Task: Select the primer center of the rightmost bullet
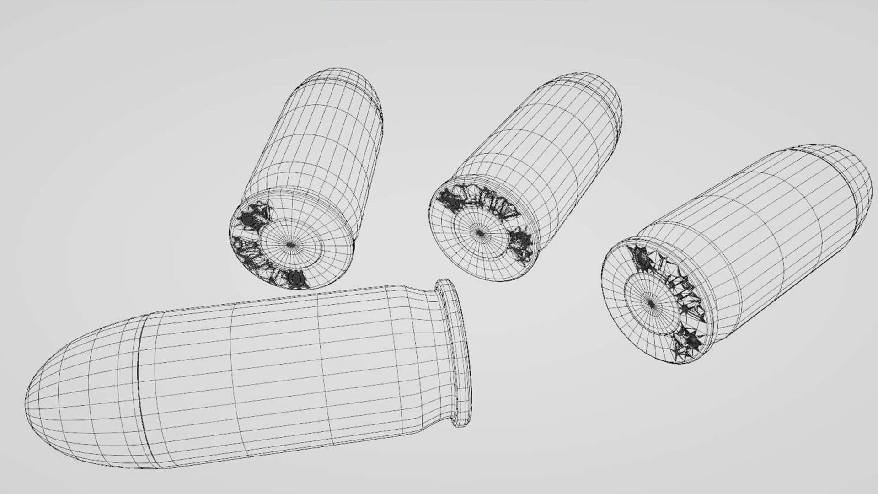tap(651, 302)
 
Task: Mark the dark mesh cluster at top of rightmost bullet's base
tap(640, 258)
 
